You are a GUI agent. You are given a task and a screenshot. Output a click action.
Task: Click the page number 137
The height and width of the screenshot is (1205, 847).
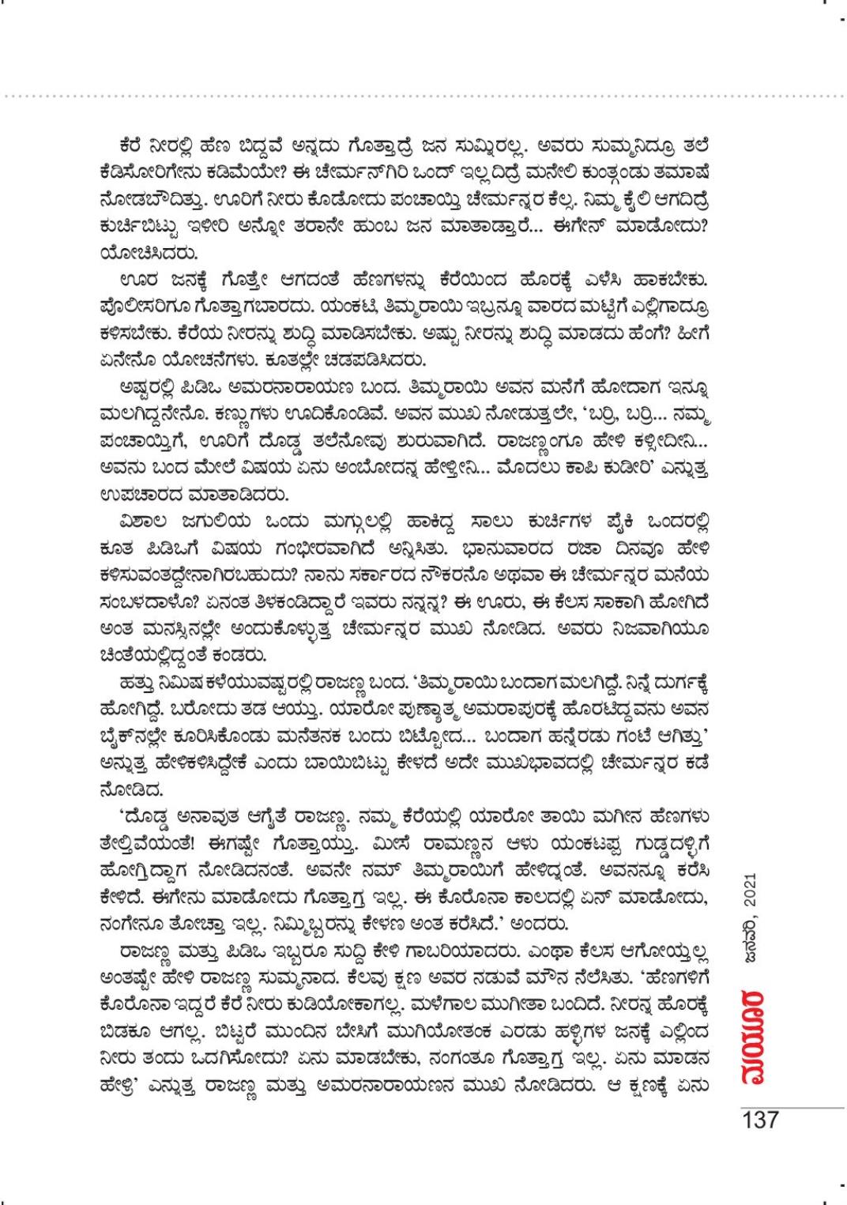tap(759, 1120)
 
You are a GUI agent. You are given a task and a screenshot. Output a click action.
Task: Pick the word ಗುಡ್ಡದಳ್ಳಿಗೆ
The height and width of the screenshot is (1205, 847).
tap(661, 859)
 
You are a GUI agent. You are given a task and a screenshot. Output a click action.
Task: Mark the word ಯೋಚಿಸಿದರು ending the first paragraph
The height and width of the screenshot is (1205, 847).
tap(143, 254)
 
